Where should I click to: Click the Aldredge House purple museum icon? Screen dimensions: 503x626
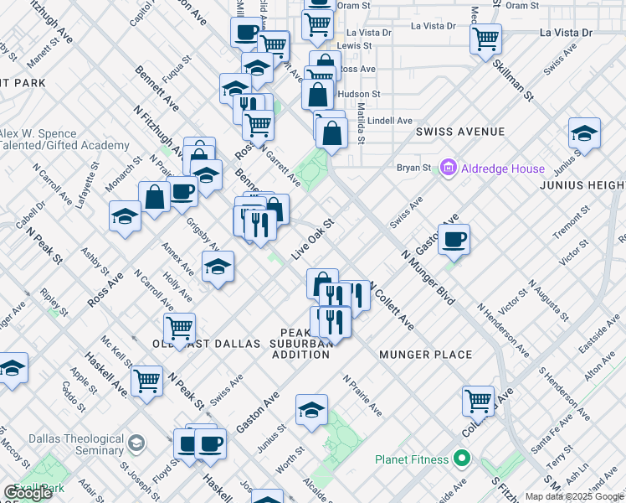click(449, 169)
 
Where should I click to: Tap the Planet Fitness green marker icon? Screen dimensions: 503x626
click(460, 459)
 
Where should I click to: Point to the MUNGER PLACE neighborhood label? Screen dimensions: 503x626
click(426, 355)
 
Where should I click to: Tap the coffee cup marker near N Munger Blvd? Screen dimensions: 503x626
click(454, 240)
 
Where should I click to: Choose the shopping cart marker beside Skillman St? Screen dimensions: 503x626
click(485, 39)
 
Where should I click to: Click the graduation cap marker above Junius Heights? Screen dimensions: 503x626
click(584, 133)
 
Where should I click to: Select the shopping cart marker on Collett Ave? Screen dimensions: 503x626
click(478, 401)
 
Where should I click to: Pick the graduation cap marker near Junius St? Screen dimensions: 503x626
click(311, 410)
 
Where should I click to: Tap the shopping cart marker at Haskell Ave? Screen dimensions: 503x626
click(147, 381)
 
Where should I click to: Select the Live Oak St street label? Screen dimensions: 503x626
click(312, 240)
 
